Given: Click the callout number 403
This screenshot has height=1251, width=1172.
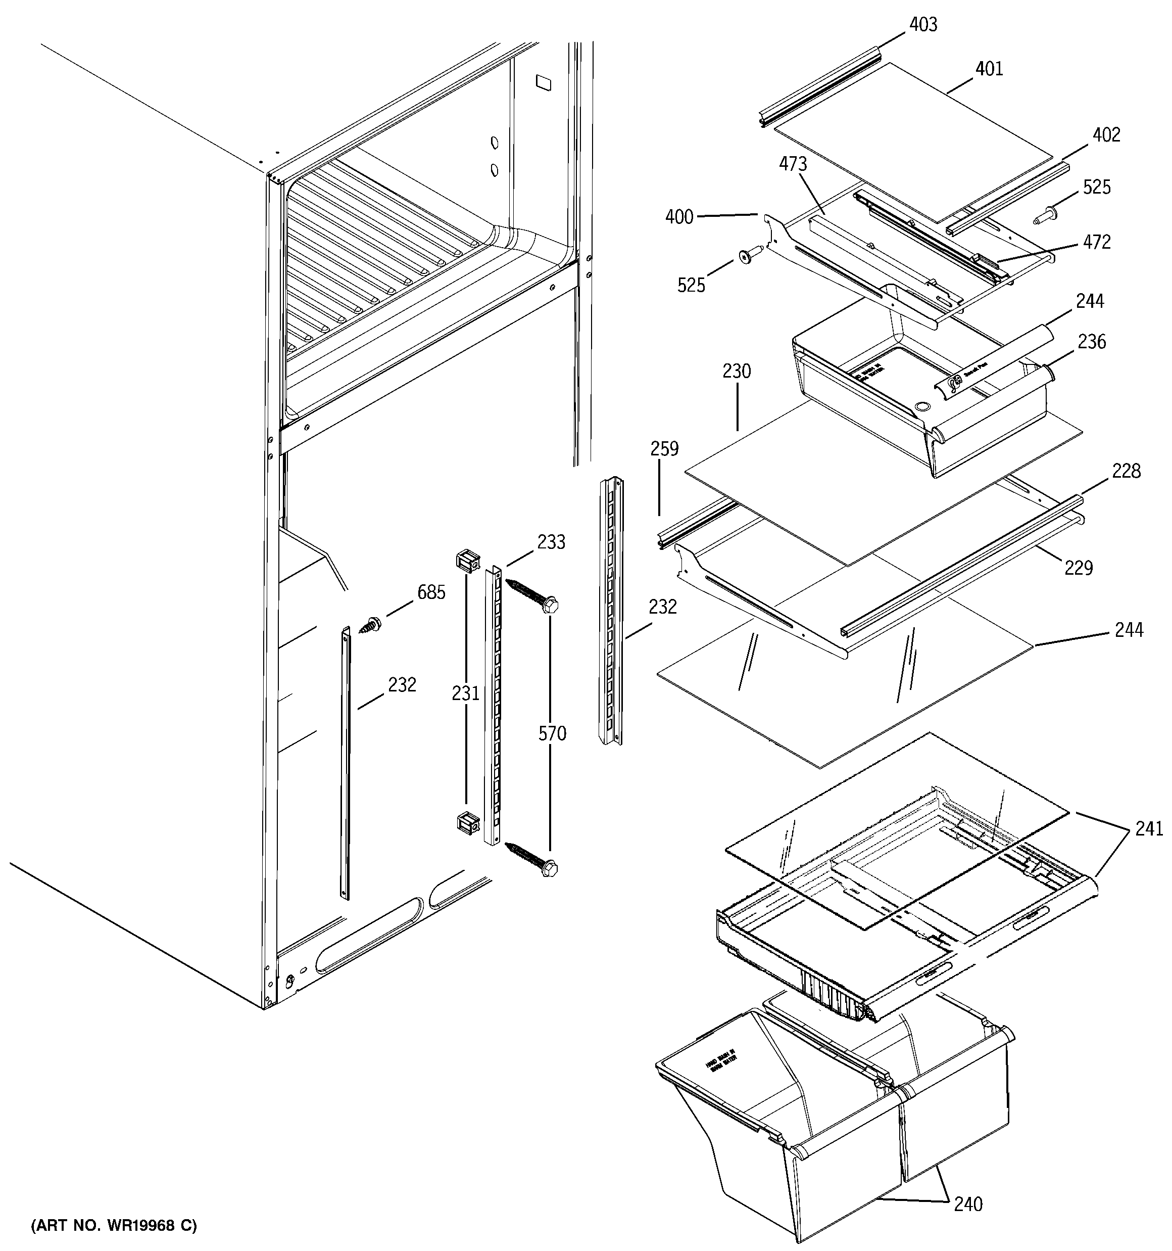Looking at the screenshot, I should pyautogui.click(x=923, y=25).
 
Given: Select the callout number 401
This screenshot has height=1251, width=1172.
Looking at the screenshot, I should pyautogui.click(x=989, y=69).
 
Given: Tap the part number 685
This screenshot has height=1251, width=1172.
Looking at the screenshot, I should pyautogui.click(x=431, y=592).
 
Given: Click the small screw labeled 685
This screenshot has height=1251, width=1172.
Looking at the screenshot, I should pyautogui.click(x=370, y=624).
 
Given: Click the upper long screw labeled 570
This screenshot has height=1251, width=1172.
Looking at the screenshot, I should pyautogui.click(x=532, y=594).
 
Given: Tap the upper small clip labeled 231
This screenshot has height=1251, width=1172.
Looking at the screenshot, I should pyautogui.click(x=466, y=560).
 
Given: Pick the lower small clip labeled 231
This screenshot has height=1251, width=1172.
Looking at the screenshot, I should pyautogui.click(x=466, y=822).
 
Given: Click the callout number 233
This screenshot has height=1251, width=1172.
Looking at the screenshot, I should pyautogui.click(x=551, y=542).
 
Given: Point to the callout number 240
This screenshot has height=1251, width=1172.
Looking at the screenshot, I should pyautogui.click(x=967, y=1204).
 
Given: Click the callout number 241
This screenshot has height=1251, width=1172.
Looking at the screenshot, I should pyautogui.click(x=1149, y=829).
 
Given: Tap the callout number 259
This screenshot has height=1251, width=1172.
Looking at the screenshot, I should pyautogui.click(x=665, y=449).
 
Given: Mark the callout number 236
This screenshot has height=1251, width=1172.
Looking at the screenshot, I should pyautogui.click(x=1092, y=342).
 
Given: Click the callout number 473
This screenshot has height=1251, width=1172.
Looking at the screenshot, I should pyautogui.click(x=793, y=164).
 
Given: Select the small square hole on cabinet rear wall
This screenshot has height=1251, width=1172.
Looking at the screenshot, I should pyautogui.click(x=542, y=81).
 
